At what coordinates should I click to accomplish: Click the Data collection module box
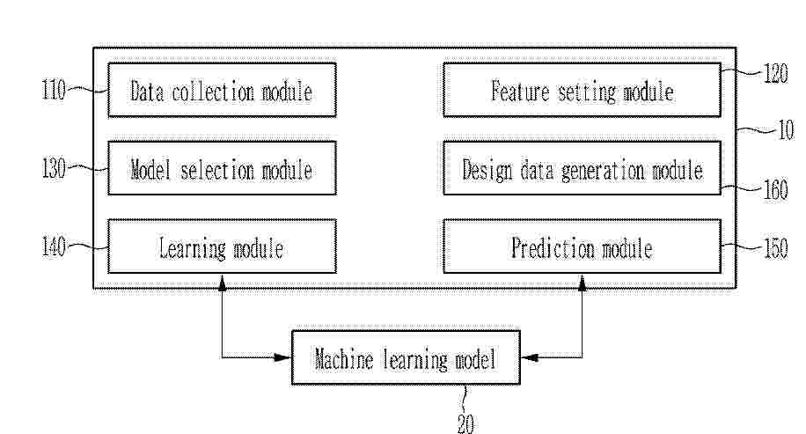tap(222, 90)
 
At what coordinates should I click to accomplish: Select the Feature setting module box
tap(582, 90)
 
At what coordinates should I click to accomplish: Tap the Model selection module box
tap(222, 168)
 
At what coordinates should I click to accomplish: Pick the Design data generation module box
tap(582, 168)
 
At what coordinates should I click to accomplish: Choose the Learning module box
tap(222, 246)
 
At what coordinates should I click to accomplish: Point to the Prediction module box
tap(582, 246)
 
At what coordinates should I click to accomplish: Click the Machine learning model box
tap(407, 357)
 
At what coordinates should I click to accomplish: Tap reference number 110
tap(54, 91)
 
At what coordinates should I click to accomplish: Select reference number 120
tap(776, 74)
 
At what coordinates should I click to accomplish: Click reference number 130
tap(54, 169)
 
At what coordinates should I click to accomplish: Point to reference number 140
tap(54, 246)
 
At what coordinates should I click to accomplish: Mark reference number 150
tap(776, 248)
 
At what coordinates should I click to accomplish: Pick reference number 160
tap(776, 190)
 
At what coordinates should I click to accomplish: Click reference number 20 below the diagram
tap(465, 423)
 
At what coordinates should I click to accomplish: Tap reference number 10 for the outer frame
tap(787, 130)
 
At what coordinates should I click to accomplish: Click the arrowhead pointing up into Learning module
tap(222, 283)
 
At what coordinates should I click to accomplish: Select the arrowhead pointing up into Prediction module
tap(582, 283)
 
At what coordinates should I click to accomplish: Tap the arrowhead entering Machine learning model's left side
tap(282, 357)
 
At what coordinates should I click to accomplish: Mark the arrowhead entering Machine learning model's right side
tap(530, 357)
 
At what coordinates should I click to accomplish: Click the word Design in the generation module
tap(487, 170)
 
